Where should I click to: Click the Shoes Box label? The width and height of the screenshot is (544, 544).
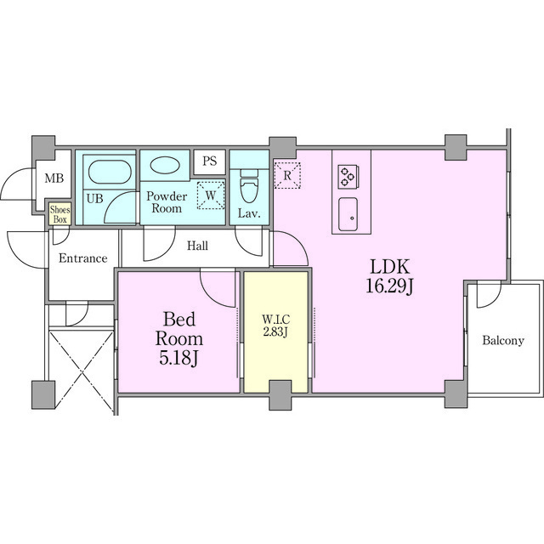60,214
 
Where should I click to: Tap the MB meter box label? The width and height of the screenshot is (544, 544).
54,178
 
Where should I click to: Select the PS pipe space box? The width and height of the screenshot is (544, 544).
210,161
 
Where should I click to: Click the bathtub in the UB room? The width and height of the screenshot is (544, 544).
110,172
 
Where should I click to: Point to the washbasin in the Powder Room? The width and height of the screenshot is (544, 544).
165,165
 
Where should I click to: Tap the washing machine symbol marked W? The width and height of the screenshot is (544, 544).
211,195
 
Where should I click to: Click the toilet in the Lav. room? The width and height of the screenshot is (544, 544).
249,187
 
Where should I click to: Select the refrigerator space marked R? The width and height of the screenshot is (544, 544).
287,175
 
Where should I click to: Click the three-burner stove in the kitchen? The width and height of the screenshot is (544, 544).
348,177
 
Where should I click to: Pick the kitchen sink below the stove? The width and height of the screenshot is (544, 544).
348,214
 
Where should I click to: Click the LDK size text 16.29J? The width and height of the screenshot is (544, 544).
390,287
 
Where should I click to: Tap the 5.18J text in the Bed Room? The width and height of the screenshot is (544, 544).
178,358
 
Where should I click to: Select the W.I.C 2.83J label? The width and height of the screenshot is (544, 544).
275,326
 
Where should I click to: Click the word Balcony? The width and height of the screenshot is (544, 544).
503,340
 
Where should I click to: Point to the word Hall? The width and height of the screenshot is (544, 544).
197,246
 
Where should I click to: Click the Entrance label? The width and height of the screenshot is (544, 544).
83,258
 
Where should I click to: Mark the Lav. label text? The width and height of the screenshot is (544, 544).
249,213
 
